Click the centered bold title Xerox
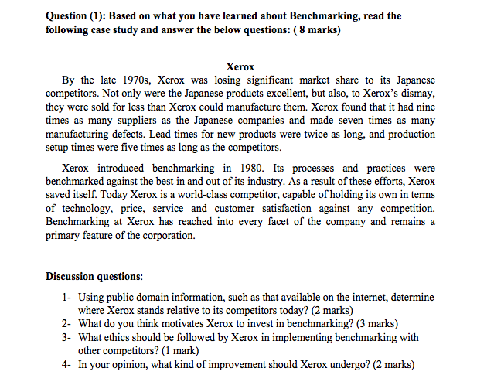[240, 67]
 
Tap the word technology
[84, 209]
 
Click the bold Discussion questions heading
[94, 276]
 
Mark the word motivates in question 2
[192, 323]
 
